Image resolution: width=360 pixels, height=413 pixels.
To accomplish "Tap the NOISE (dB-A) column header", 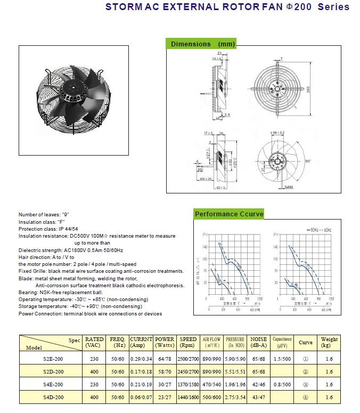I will [258, 343].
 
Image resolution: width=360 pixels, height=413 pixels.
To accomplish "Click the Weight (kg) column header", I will [329, 343].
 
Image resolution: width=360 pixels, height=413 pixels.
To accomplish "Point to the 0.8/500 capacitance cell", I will [282, 384].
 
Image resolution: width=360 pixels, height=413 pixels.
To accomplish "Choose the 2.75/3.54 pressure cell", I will [235, 398].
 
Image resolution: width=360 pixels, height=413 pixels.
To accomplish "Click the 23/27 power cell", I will [165, 398].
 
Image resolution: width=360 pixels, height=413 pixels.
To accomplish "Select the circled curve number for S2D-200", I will [306, 371].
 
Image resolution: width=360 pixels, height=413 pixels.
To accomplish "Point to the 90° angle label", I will [308, 160].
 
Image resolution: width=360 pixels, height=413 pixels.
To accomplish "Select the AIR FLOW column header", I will [211, 343].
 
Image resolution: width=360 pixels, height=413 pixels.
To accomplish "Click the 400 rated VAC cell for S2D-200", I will [94, 371].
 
